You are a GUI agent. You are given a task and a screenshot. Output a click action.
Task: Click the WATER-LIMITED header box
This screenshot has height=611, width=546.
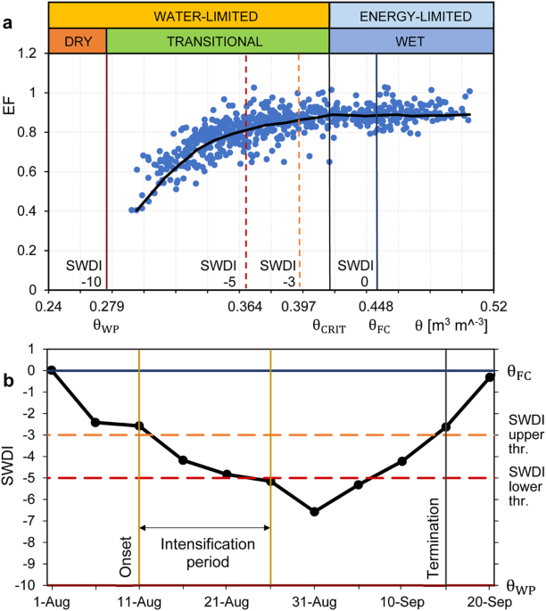point(189,15)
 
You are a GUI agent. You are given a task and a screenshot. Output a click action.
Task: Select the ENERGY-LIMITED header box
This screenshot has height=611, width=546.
point(412,15)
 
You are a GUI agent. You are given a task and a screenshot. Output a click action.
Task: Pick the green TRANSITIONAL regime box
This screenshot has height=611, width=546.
point(218,41)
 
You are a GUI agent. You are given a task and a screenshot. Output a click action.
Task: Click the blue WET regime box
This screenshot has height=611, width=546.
point(412,41)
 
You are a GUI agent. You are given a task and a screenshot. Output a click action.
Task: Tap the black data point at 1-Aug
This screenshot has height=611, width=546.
point(52,370)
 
